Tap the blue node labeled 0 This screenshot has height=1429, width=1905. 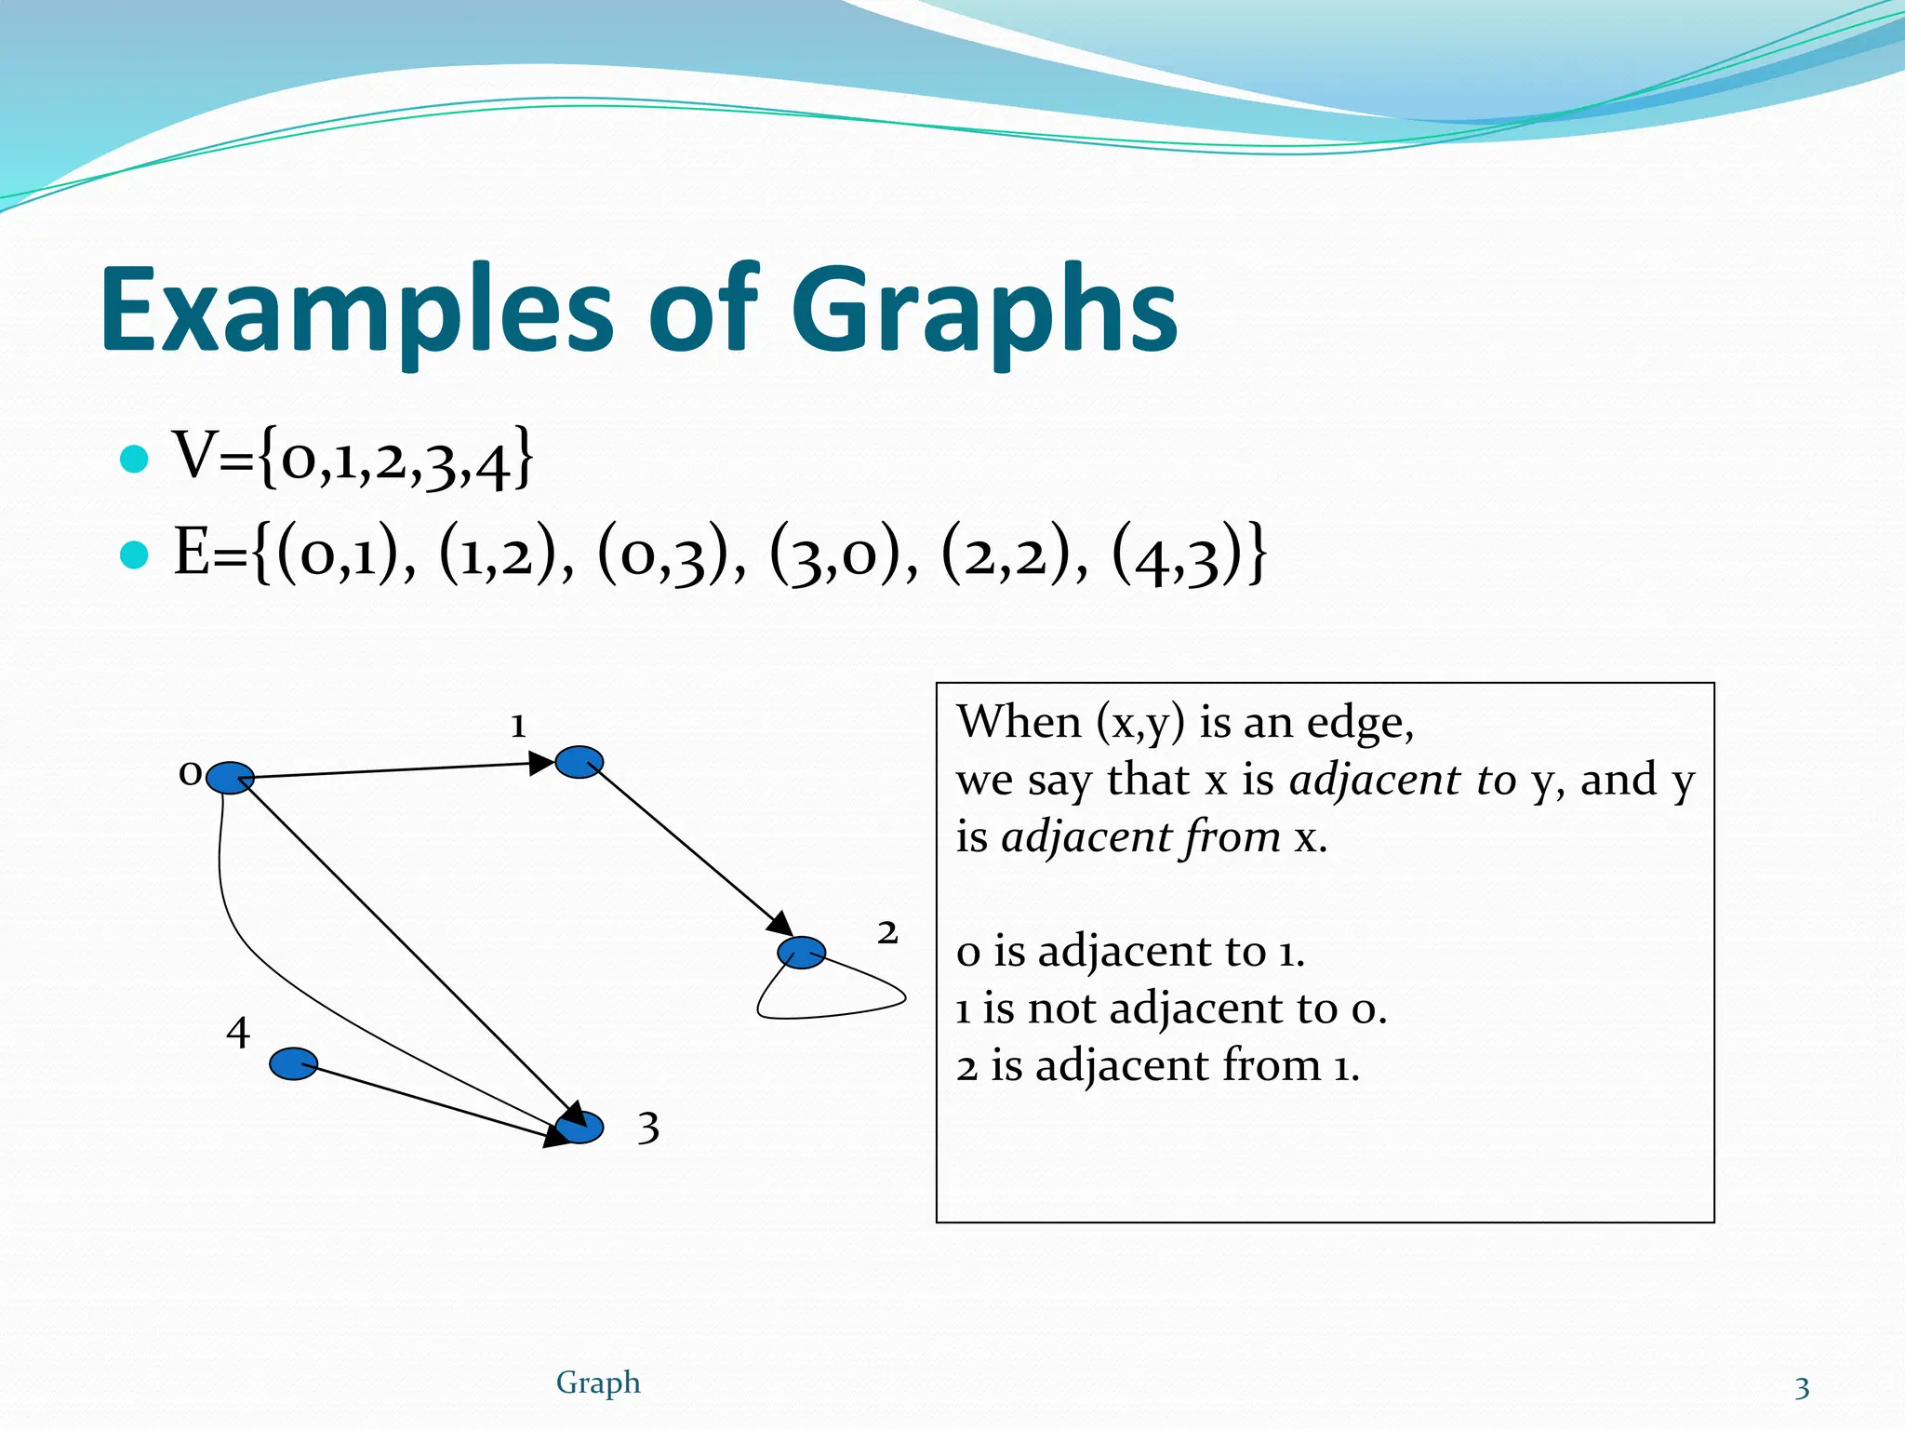click(230, 778)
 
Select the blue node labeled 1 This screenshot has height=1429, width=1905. click(579, 762)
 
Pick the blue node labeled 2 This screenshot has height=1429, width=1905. click(801, 953)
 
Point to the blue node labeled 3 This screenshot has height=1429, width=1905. click(580, 1128)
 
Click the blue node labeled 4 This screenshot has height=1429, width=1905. click(293, 1063)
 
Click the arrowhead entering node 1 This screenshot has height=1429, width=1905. click(541, 764)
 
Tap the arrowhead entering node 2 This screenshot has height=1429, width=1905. click(779, 924)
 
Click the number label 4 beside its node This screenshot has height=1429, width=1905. click(238, 1033)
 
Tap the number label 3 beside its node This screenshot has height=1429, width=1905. click(648, 1129)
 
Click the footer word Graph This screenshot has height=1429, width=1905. click(598, 1382)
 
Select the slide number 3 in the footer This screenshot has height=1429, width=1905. click(1802, 1388)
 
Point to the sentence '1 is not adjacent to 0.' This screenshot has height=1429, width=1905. click(1171, 1008)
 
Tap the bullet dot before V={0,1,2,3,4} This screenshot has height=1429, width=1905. click(135, 459)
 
